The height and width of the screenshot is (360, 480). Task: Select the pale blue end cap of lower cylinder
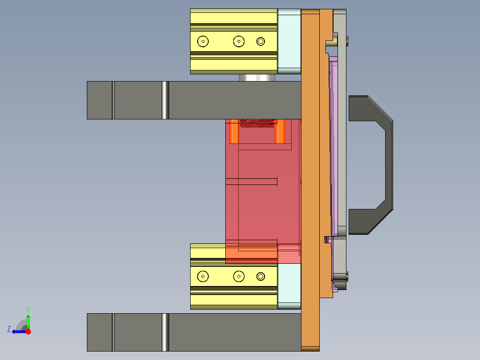point(289,285)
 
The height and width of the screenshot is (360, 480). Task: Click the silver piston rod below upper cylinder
point(258,78)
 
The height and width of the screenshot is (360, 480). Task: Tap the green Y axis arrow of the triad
point(28,320)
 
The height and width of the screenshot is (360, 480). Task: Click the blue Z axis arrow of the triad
point(17,331)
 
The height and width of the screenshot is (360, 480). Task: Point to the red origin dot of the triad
point(28,331)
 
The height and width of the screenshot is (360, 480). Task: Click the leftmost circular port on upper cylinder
point(203,41)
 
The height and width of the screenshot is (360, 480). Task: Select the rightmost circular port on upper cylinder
point(261,41)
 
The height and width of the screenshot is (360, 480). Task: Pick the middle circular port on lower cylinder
point(239,277)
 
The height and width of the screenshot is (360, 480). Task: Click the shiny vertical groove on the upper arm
point(165,100)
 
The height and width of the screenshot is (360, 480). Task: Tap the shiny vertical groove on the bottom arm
point(165,332)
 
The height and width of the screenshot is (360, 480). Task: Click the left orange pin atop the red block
point(233,131)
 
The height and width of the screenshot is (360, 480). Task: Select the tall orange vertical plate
point(310,178)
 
